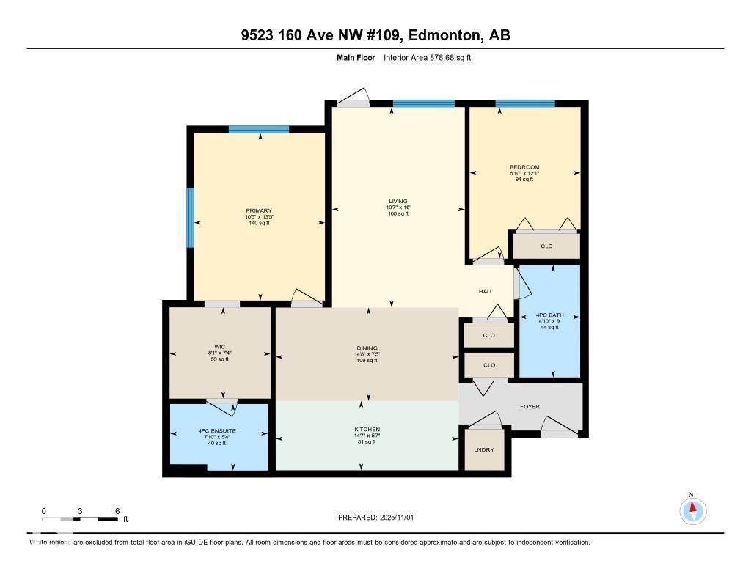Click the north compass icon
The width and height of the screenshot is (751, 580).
[692, 510]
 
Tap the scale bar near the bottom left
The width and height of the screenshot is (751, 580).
[80, 519]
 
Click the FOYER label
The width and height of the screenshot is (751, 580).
[530, 405]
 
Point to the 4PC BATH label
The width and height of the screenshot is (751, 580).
[549, 315]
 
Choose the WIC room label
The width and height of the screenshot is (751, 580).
[219, 347]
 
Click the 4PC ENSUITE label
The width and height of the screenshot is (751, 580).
[218, 430]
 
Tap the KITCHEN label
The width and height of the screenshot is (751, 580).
[367, 430]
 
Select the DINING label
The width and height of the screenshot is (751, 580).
[367, 348]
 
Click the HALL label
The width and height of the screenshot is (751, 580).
[486, 292]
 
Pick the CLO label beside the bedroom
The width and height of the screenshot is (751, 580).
[546, 246]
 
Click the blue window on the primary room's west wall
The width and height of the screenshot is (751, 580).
[190, 218]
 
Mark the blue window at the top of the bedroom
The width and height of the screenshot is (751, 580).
[525, 103]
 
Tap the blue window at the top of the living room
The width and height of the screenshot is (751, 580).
[423, 103]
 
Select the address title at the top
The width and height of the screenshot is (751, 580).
[375, 35]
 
